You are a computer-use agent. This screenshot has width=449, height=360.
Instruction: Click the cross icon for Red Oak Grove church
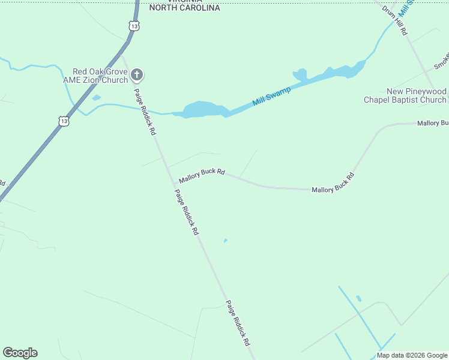pos(137,75)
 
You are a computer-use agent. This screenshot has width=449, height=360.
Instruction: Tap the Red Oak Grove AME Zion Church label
pos(100,76)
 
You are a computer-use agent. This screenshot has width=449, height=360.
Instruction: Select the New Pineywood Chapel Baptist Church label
pos(405,95)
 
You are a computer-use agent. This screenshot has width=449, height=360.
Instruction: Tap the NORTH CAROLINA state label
pos(184,8)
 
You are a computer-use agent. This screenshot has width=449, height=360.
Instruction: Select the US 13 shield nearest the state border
pos(134,26)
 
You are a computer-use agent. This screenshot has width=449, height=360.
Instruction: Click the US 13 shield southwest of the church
pos(64,121)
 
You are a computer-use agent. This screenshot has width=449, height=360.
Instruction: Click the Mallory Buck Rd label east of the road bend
pos(333,182)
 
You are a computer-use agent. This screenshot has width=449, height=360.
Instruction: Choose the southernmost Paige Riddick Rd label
pos(237,323)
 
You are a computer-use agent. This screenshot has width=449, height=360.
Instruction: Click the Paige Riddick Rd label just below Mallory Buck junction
pos(186,212)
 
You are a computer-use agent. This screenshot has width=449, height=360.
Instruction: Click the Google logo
pos(20,353)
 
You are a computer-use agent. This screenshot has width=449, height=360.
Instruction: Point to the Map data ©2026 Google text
pos(412,355)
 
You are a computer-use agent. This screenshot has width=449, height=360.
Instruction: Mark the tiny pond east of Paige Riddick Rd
pos(225,241)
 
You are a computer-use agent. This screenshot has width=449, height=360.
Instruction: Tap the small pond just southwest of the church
pos(97,97)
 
